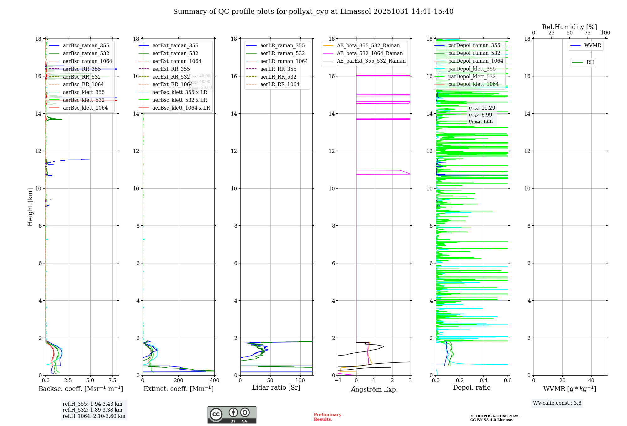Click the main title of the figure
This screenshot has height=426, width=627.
313,12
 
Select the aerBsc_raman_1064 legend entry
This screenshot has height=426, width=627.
87,61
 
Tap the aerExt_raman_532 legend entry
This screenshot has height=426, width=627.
175,53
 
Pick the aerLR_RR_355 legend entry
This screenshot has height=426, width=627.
278,69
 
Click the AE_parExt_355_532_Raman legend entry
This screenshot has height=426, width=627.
371,61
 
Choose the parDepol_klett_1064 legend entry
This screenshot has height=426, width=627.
473,84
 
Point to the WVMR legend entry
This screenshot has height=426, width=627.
593,45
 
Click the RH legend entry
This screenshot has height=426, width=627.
590,62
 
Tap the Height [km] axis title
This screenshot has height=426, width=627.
30,207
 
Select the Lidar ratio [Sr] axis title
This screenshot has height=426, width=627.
276,387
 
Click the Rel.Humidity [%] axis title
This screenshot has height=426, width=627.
569,27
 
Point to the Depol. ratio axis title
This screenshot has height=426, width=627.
472,387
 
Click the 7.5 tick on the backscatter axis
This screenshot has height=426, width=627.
113,381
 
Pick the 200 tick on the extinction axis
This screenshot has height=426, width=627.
179,381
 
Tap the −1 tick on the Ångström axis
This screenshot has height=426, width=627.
338,381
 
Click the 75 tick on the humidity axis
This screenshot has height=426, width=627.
587,33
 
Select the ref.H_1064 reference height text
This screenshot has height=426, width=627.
94,416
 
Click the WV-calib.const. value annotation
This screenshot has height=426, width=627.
557,403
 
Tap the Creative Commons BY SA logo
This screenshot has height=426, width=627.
232,415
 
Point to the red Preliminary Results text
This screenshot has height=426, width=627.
327,417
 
